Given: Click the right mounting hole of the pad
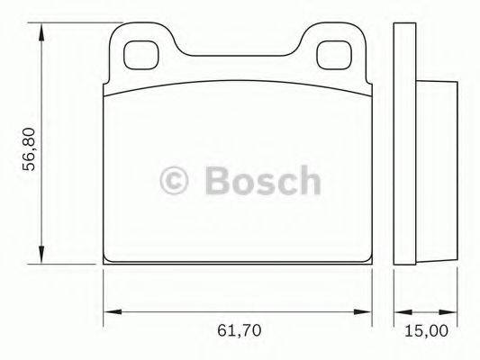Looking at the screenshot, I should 337,53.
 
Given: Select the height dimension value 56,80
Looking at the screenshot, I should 29,148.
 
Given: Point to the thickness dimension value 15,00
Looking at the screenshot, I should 425,330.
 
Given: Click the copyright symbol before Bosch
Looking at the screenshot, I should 176,180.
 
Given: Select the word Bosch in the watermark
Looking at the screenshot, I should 261,180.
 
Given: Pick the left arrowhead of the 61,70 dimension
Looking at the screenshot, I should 110,312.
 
